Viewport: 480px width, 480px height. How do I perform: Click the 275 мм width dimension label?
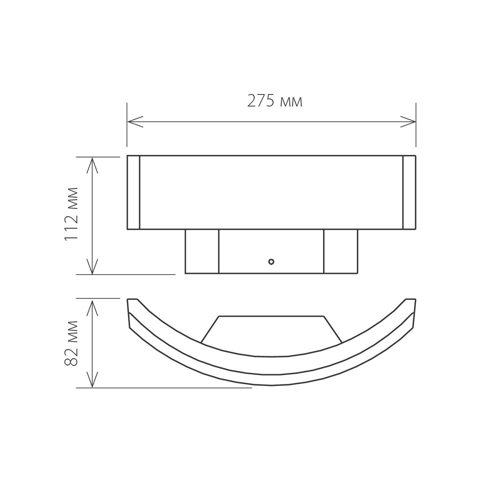[x=275, y=102]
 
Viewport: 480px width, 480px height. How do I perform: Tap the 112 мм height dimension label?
[x=70, y=214]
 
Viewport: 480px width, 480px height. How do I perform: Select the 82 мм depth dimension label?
[x=70, y=343]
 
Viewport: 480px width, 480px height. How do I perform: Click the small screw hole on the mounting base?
[x=271, y=262]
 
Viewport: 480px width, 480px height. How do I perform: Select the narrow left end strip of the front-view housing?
[x=133, y=193]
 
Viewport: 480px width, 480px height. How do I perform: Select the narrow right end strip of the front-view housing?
[x=409, y=193]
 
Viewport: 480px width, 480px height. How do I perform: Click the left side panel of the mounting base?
[x=202, y=251]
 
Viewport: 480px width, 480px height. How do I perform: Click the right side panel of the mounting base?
[x=340, y=251]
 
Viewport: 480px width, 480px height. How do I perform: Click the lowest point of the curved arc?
[x=271, y=385]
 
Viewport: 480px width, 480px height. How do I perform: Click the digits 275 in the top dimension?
[x=261, y=102]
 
